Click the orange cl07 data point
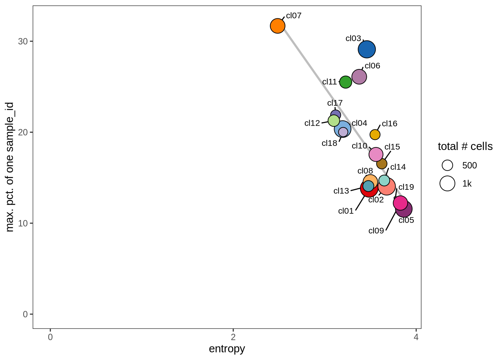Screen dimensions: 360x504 (x=277, y=26)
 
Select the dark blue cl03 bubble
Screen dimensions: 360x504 (x=367, y=49)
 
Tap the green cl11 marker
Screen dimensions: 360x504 (x=345, y=82)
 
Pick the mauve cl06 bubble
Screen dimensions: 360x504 (x=359, y=77)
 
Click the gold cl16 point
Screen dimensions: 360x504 (x=375, y=134)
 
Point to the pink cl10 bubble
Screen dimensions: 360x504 (x=376, y=154)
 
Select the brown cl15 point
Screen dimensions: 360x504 (x=382, y=163)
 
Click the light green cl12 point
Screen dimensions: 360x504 (x=334, y=121)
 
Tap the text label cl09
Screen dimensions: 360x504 (x=376, y=231)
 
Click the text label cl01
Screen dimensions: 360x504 (x=346, y=211)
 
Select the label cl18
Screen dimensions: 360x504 (x=329, y=143)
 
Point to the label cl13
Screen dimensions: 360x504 (x=341, y=191)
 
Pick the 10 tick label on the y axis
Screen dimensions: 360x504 (x=23, y=223)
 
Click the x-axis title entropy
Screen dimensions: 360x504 (x=227, y=349)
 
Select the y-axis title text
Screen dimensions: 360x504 (x=10, y=167)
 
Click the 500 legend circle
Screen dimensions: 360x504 (x=447, y=165)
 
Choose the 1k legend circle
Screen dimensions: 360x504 (x=447, y=183)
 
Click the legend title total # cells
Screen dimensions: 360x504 (x=465, y=146)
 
